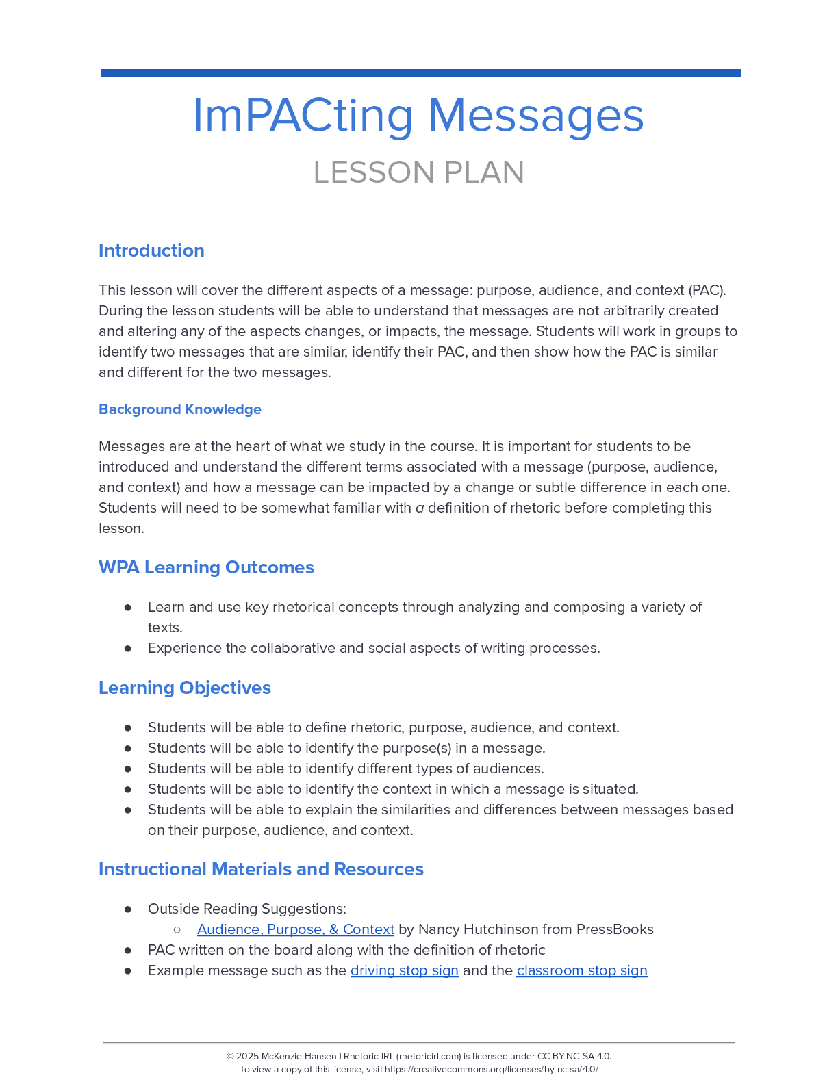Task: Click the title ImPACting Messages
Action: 418,115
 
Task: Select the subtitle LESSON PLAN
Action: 418,172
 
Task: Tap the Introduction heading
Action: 151,250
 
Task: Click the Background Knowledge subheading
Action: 180,409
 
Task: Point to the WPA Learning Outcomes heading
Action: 206,567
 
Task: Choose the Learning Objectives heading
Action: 185,688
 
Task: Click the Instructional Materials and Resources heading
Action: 261,869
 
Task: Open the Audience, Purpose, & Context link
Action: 295,929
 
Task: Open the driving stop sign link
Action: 404,970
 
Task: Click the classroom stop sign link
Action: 581,970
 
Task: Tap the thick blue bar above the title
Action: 420,73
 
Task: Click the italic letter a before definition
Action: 420,508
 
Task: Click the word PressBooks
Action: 615,929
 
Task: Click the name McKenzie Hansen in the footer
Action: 299,1056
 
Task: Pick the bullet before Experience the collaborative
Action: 128,648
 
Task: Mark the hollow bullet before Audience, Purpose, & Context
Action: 177,929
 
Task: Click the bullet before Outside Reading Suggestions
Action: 128,909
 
